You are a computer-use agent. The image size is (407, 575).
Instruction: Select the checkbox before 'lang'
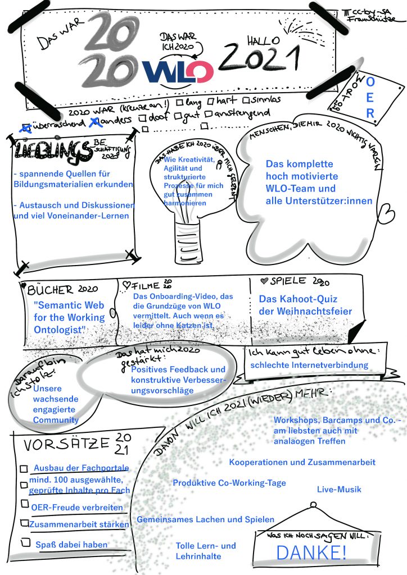click(x=179, y=102)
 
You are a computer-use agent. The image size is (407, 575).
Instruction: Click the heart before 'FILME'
click(x=126, y=286)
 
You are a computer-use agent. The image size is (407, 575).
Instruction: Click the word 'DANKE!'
click(x=311, y=553)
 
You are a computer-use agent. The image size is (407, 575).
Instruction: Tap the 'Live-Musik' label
click(x=339, y=490)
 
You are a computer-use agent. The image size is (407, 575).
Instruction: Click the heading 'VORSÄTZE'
click(x=66, y=445)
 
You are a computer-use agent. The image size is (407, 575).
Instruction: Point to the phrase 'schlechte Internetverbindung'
click(x=309, y=365)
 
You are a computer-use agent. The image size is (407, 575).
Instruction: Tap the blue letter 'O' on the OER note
click(x=370, y=82)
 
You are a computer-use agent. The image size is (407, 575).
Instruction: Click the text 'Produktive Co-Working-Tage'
click(x=229, y=483)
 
